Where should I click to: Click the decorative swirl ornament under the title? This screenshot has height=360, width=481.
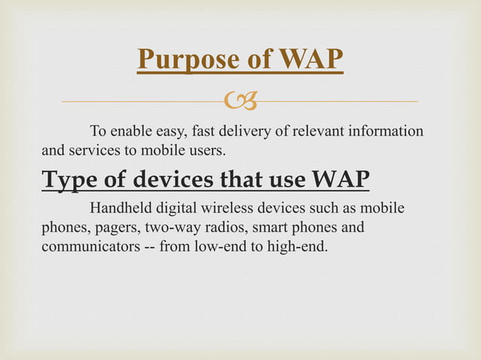tap(240, 99)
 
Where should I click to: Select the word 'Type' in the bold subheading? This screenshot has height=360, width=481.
tap(69, 181)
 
